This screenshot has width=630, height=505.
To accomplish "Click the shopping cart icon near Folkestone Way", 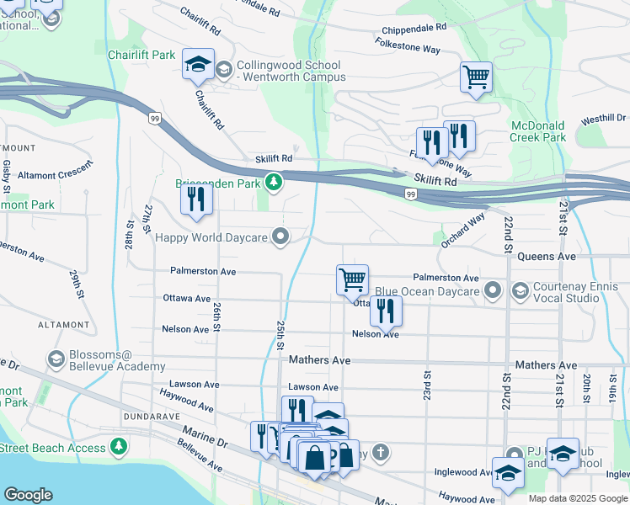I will pyautogui.click(x=476, y=77).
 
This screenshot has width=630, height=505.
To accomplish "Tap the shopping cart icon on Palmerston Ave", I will pyautogui.click(x=352, y=279).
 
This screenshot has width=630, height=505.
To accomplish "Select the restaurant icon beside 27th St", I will pyautogui.click(x=196, y=199).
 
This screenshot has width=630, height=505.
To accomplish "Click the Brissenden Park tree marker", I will pyautogui.click(x=273, y=182).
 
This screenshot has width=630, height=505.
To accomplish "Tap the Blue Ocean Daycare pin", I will pyautogui.click(x=493, y=292).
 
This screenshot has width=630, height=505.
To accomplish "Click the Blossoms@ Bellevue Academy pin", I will pyautogui.click(x=57, y=360).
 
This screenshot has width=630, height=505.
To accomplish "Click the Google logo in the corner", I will pyautogui.click(x=28, y=495).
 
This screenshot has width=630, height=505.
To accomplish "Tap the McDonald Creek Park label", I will pyautogui.click(x=538, y=131).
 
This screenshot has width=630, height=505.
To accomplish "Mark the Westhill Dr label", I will pyautogui.click(x=603, y=119).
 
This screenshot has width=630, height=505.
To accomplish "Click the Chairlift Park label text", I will pyautogui.click(x=141, y=55).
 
